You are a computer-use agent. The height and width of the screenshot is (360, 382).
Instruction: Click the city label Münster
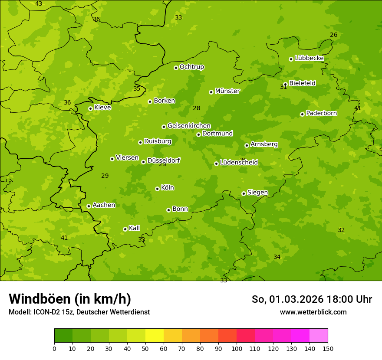click(227, 91)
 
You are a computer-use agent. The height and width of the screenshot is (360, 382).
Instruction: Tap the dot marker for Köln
click(157, 189)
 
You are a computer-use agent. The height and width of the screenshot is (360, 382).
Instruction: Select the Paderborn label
click(321, 113)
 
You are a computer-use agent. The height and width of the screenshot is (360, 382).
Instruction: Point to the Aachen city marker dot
click(89, 206)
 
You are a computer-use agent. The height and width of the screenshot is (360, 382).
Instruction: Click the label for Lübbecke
click(309, 58)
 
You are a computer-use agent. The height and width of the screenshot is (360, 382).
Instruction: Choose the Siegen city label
click(257, 193)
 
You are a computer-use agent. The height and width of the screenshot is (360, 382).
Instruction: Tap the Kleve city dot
click(90, 108)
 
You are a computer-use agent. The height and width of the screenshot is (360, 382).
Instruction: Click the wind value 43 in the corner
click(39, 4)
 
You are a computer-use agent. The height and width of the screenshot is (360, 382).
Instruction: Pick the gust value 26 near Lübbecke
click(333, 35)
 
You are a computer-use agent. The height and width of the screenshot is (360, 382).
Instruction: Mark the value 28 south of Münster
click(197, 108)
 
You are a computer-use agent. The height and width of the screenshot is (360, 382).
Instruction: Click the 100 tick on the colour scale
click(237, 348)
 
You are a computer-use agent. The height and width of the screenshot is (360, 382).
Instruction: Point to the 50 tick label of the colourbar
click(145, 348)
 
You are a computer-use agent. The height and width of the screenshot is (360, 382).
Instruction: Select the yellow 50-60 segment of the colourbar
click(155, 336)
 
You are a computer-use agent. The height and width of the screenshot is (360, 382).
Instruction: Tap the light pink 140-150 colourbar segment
click(319, 336)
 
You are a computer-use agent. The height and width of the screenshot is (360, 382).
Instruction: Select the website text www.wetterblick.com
click(313, 312)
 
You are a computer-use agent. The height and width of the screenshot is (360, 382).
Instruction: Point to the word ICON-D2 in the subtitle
click(46, 312)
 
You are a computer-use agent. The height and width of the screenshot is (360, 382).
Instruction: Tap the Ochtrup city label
click(191, 67)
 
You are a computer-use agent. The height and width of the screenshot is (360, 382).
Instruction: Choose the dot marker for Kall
click(125, 229)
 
